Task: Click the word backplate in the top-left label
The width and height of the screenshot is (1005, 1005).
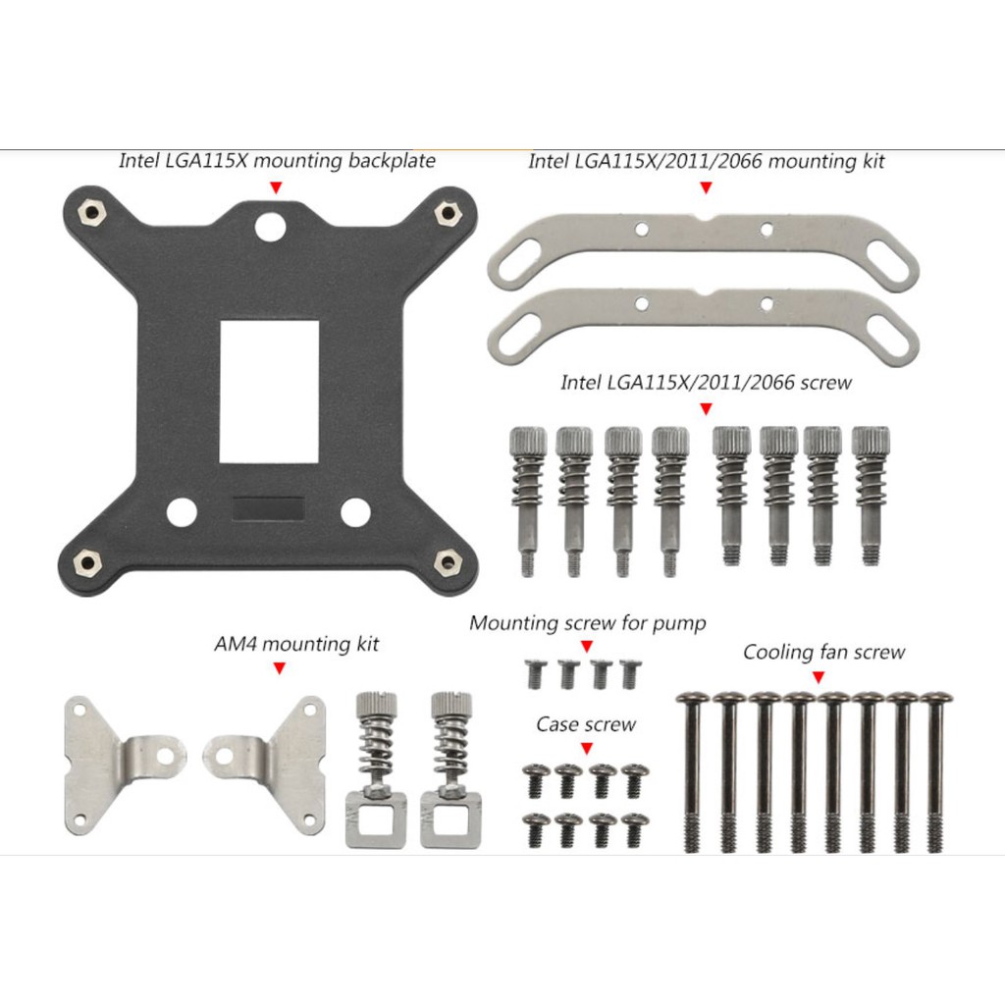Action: (392, 160)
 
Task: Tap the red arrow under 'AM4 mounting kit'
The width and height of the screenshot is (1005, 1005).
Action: (280, 668)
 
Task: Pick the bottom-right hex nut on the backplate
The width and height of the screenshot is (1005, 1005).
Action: (448, 563)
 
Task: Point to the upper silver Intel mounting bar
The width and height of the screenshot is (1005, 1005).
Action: (704, 252)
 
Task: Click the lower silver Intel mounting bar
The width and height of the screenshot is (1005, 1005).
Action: (704, 326)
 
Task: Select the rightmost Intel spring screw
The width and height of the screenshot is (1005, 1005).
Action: (870, 495)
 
